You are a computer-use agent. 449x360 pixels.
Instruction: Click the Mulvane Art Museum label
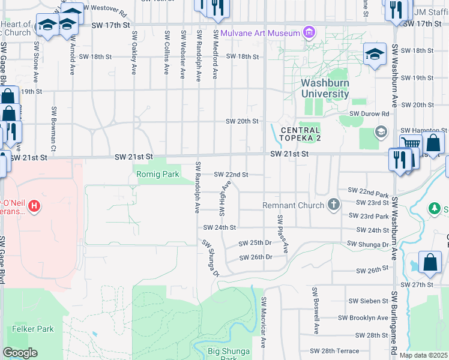click(259, 32)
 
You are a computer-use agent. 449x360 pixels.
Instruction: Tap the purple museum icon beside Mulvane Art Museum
click(309, 31)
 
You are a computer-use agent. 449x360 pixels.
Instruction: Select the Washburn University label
click(325, 89)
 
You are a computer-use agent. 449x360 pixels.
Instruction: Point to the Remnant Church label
click(294, 205)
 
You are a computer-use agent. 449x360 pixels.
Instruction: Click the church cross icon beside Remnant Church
click(334, 205)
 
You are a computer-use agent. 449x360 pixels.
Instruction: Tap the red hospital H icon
click(35, 206)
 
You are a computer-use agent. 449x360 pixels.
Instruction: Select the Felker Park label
click(33, 329)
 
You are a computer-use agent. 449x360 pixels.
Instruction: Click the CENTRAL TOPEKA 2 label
click(300, 134)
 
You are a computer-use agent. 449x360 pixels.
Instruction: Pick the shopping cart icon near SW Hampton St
click(411, 143)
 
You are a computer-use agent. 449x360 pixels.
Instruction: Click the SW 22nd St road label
click(232, 175)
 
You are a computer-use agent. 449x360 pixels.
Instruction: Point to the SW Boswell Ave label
click(314, 310)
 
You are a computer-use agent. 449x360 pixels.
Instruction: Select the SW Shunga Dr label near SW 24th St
click(210, 258)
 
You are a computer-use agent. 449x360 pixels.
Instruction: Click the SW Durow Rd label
click(370, 113)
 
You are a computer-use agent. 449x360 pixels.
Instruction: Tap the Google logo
click(20, 353)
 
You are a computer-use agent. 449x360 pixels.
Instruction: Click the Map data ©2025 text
click(423, 355)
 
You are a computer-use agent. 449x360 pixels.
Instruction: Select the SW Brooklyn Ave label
click(363, 317)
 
